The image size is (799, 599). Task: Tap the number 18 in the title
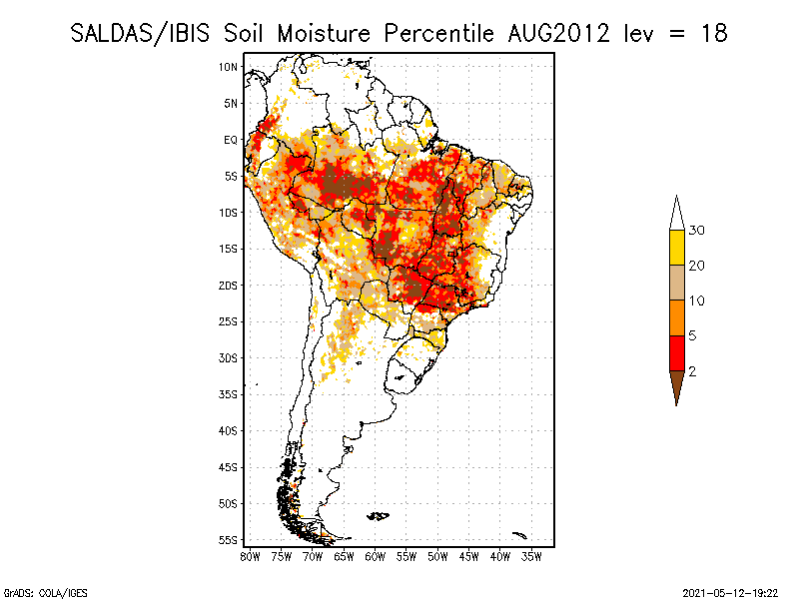(713, 33)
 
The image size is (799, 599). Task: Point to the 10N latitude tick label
(229, 67)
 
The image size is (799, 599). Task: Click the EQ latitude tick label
(231, 140)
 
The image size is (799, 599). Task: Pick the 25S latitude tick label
(229, 321)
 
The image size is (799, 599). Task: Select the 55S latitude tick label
(229, 539)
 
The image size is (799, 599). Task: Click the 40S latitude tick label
(229, 430)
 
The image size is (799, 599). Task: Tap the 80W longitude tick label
(250, 557)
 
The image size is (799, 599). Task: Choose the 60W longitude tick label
(375, 557)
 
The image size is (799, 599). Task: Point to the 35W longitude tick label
(531, 557)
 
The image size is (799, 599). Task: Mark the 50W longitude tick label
(437, 557)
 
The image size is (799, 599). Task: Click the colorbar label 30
(698, 231)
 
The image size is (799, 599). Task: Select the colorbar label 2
(692, 370)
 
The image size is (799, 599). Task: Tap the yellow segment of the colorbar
(676, 248)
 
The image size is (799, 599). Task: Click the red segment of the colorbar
(676, 352)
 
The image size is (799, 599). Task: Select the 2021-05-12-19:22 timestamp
(730, 591)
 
